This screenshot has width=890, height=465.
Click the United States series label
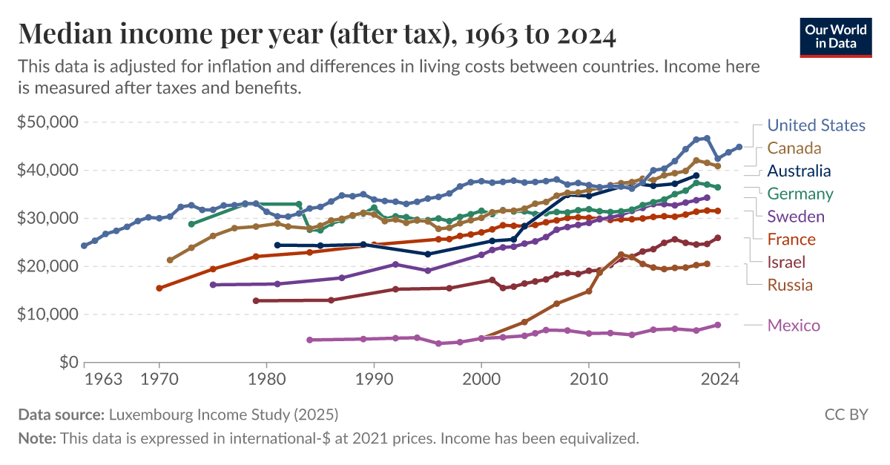[816, 125]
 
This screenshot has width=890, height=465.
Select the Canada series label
[794, 148]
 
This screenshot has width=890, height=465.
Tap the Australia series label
[799, 171]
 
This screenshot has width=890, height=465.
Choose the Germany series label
[800, 194]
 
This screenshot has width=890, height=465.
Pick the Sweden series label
[796, 217]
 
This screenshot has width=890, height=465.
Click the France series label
[791, 240]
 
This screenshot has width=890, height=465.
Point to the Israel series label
[786, 262]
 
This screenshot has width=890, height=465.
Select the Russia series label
[790, 285]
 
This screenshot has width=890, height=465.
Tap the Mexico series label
[794, 325]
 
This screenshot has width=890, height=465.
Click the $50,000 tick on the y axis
[47, 122]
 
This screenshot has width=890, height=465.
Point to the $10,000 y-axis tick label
[47, 314]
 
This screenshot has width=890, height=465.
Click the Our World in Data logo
[835, 35]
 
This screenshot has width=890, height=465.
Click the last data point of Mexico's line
[718, 325]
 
